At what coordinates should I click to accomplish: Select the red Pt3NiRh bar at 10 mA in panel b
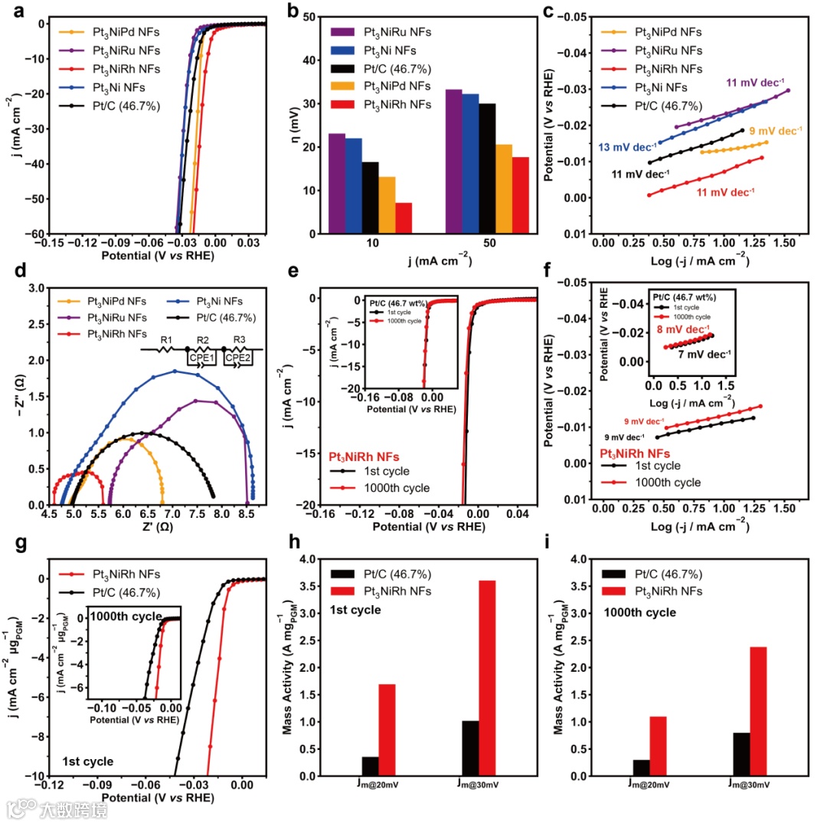(404, 218)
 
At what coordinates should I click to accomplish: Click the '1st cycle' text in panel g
(88, 761)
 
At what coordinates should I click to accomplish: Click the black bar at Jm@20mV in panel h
(371, 766)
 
